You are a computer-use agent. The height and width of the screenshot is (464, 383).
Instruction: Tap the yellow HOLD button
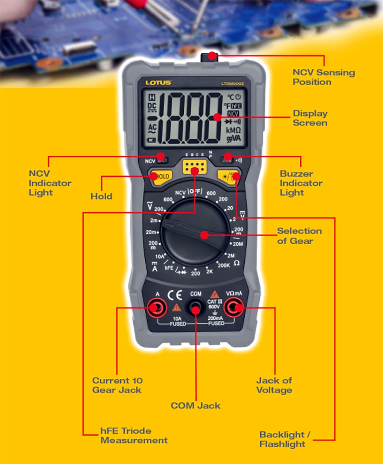click(x=160, y=176)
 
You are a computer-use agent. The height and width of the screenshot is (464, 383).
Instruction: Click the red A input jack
click(x=157, y=307)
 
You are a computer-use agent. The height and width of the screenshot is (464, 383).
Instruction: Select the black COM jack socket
click(x=195, y=307)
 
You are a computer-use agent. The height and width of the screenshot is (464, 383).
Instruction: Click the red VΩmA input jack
click(x=233, y=307)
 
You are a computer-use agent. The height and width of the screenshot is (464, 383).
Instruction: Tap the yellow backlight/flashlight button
click(x=229, y=176)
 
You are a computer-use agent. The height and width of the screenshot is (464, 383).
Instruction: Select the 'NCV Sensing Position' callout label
click(x=324, y=77)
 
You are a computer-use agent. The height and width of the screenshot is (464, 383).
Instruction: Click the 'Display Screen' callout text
click(x=310, y=118)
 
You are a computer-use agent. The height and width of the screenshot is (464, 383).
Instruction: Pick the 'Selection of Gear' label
click(x=299, y=236)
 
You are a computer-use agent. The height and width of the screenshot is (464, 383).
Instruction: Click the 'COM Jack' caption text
click(x=195, y=405)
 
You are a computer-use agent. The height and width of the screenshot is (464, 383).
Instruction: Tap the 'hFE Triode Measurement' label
click(x=134, y=436)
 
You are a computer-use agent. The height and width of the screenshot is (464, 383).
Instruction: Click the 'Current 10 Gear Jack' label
click(x=117, y=385)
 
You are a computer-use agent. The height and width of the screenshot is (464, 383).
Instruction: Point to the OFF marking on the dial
click(x=195, y=192)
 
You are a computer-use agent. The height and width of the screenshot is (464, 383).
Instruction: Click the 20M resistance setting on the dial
click(x=238, y=244)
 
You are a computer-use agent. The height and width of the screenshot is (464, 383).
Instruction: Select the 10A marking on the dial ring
click(x=159, y=256)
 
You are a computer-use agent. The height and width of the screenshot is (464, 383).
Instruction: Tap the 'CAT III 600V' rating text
click(x=214, y=304)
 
